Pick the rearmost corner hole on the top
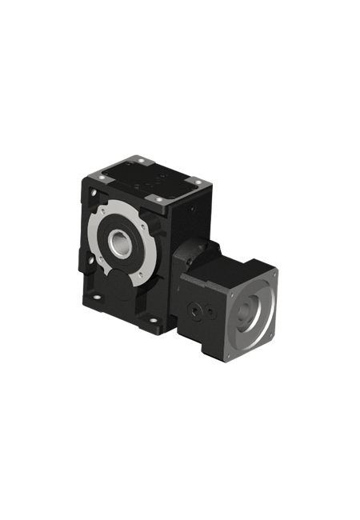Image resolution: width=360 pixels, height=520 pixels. tap(141, 159)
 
